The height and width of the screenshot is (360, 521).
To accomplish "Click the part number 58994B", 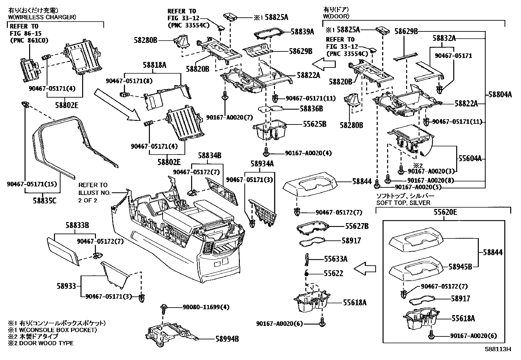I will coord(227,339).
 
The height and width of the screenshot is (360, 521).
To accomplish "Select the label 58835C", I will coord(45,200).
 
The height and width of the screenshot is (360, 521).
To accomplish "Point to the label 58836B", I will coord(311,108).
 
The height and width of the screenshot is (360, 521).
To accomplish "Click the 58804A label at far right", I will coord(500,95).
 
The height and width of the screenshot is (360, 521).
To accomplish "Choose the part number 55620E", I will coord(445,212).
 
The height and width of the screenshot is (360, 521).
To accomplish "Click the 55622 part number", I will coord(333,273).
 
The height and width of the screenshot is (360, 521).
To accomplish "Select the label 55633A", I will coord(336,259).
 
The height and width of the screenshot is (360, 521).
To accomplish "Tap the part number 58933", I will coord(65,286).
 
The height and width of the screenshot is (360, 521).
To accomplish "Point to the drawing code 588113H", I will coord(498,349).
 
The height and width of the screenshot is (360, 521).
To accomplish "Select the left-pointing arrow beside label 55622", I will coord(365,269).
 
